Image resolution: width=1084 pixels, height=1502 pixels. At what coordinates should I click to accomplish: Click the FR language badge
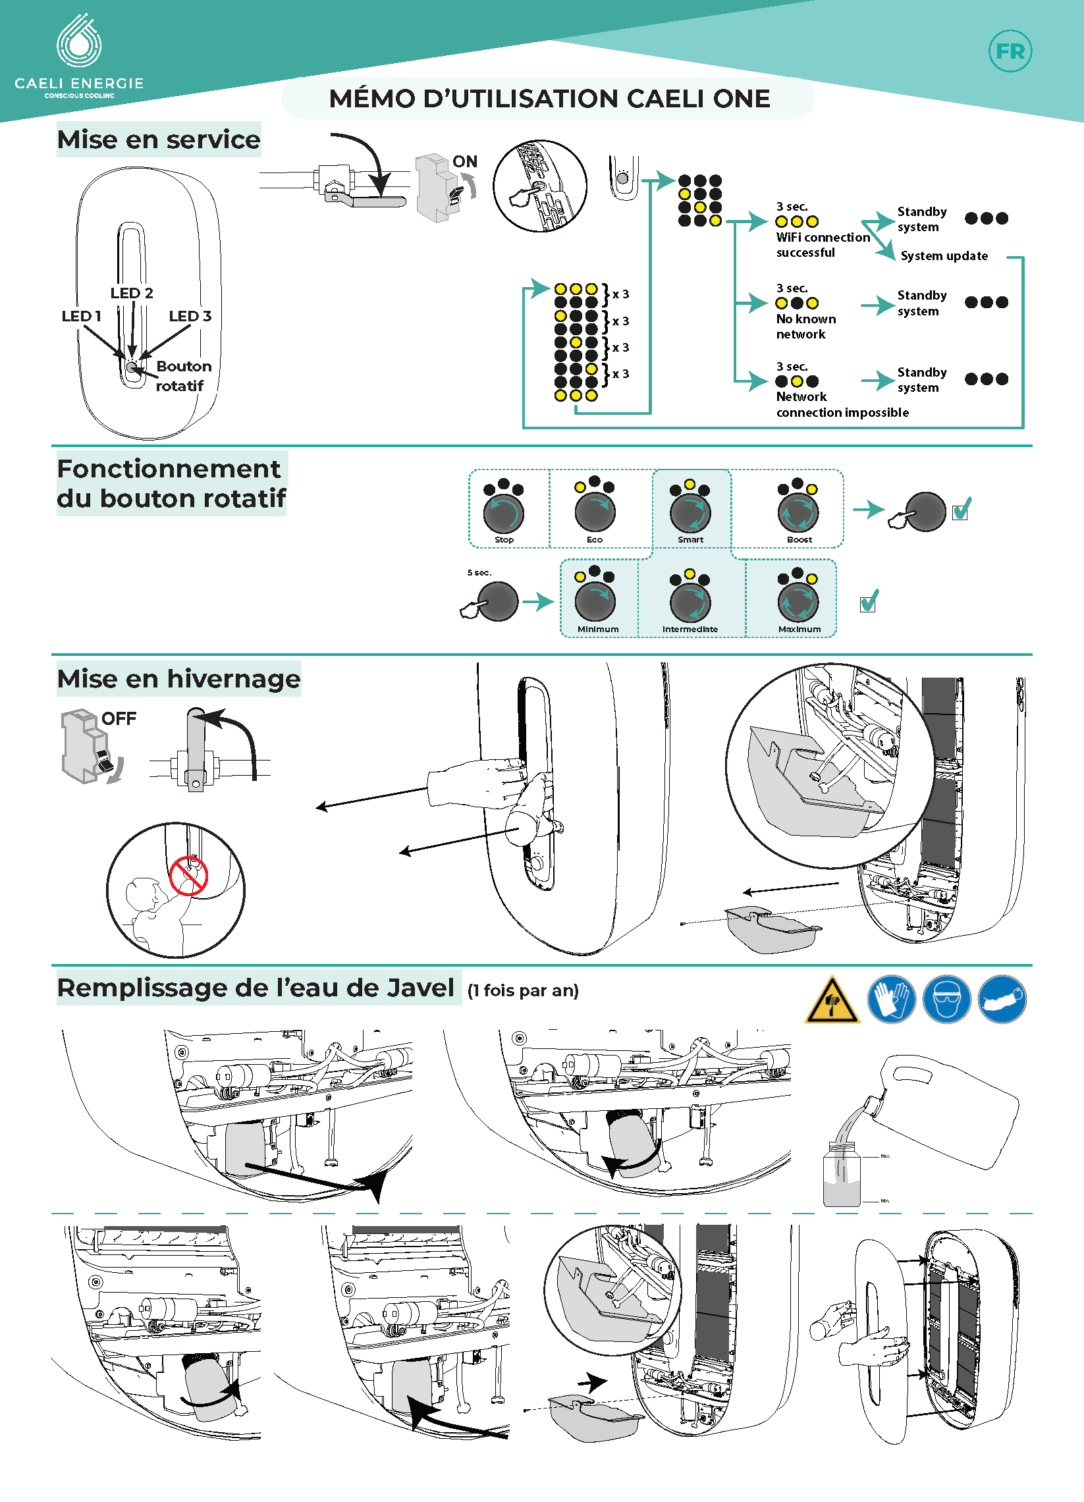click(1010, 51)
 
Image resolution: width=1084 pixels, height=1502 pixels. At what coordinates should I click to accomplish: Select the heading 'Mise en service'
click(159, 140)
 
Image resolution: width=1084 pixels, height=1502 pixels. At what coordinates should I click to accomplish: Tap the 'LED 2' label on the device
click(132, 293)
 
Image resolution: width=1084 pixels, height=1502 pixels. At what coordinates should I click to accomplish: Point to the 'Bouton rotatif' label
click(182, 375)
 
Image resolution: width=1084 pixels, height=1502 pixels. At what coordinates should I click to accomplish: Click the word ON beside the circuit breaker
click(465, 161)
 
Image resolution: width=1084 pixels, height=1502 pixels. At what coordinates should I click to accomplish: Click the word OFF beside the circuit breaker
click(119, 718)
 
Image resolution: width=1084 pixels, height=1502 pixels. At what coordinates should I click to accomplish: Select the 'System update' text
click(944, 255)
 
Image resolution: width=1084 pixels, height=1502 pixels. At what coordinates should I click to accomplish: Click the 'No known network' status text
click(805, 326)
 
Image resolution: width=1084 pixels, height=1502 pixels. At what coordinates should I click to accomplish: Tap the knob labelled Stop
click(503, 512)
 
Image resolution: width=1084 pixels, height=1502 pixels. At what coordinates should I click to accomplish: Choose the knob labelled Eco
click(595, 512)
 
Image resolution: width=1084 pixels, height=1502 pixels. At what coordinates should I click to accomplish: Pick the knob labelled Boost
click(798, 512)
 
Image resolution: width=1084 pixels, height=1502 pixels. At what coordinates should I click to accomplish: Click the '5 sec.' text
click(479, 572)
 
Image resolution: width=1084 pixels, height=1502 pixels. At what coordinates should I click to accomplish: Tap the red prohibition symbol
click(189, 876)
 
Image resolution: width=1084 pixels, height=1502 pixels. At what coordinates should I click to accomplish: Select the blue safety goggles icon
click(946, 1000)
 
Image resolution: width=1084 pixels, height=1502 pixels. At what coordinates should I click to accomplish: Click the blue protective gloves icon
click(891, 1000)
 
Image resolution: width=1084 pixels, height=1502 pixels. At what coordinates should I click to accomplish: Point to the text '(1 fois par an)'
click(522, 990)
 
